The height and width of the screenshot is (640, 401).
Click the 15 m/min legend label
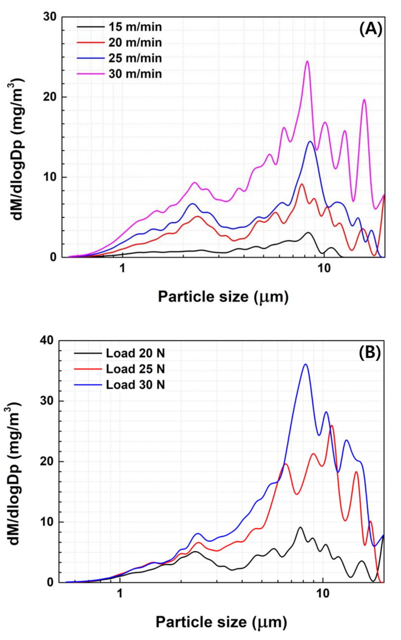pyautogui.click(x=135, y=27)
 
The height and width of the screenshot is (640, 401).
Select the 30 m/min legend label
pyautogui.click(x=135, y=74)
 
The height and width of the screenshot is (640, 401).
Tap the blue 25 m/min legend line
pyautogui.click(x=91, y=58)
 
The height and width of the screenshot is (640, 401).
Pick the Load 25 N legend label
pyautogui.click(x=135, y=369)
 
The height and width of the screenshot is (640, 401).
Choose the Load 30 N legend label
pyautogui.click(x=135, y=385)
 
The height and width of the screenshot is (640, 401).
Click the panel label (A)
pyautogui.click(x=371, y=29)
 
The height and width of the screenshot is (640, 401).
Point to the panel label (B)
pyautogui.click(x=369, y=353)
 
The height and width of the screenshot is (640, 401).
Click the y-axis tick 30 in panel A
pyautogui.click(x=49, y=17)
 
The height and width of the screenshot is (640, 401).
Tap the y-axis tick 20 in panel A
pyautogui.click(x=49, y=97)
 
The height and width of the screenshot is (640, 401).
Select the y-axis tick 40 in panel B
pyautogui.click(x=47, y=340)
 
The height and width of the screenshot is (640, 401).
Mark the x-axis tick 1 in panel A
pyautogui.click(x=122, y=268)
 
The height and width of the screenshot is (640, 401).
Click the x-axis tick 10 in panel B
pyautogui.click(x=323, y=594)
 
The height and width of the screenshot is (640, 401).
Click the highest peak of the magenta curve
pyautogui.click(x=307, y=61)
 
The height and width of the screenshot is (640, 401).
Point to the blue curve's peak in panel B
pyautogui.click(x=305, y=364)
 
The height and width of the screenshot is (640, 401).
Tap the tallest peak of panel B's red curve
pyautogui.click(x=332, y=426)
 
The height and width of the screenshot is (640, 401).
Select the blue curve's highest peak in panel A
pyautogui.click(x=310, y=142)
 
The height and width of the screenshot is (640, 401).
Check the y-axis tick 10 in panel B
pyautogui.click(x=47, y=522)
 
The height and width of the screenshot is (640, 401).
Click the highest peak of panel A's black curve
pyautogui.click(x=308, y=233)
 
